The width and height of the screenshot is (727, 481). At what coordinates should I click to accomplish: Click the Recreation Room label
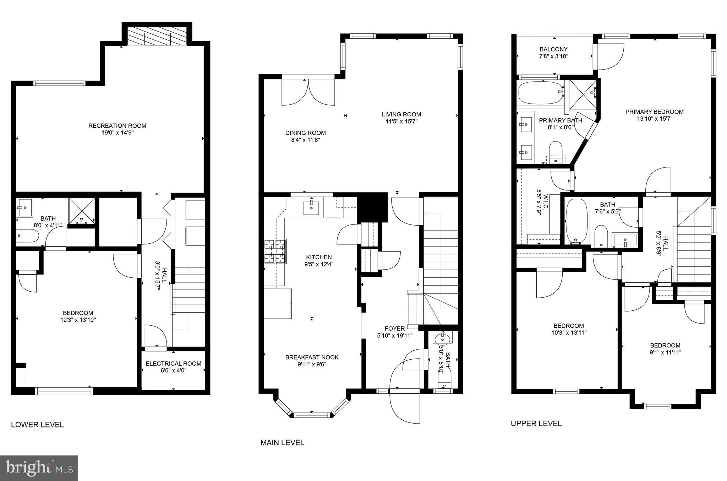click(x=117, y=126)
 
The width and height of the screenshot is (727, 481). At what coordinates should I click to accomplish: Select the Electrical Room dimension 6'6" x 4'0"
click(x=173, y=370)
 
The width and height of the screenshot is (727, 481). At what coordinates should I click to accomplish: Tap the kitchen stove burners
click(x=275, y=251)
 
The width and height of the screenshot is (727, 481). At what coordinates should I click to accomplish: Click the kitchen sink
click(x=311, y=208)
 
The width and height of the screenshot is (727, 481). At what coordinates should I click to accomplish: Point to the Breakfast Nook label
click(x=312, y=357)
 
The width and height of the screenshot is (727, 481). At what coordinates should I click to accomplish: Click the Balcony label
click(x=553, y=49)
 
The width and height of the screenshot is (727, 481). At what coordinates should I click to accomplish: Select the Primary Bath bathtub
click(x=541, y=93)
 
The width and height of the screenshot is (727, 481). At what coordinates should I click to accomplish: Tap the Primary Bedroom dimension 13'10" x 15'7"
click(x=654, y=119)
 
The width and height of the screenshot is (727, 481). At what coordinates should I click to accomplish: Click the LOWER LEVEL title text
click(x=37, y=425)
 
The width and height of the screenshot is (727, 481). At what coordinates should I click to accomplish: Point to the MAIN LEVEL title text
click(x=282, y=443)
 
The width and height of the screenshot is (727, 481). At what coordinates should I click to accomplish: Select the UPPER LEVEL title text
click(x=536, y=424)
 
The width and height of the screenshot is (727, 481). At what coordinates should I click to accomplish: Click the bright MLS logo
click(x=39, y=468)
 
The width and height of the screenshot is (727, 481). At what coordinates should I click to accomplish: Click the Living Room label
click(x=401, y=114)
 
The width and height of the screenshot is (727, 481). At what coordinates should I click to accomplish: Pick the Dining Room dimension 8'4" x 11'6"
click(x=305, y=140)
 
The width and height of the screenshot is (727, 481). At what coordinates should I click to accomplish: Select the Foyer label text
click(x=394, y=328)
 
